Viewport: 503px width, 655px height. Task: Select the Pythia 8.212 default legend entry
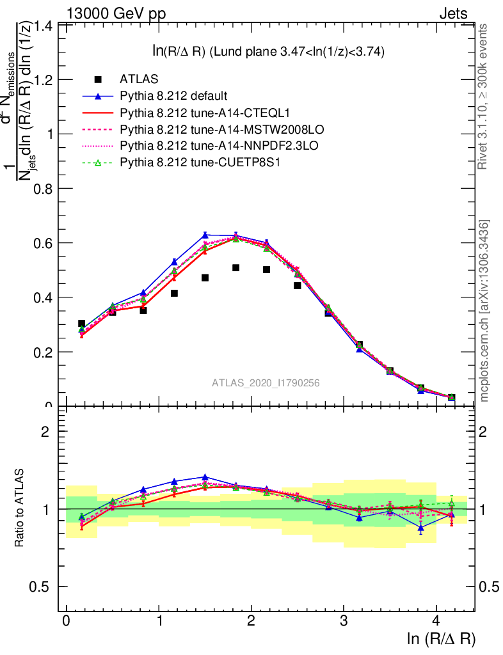[x=173, y=96]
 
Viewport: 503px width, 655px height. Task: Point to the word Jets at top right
[x=453, y=13]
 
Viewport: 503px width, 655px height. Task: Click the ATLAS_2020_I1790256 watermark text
[x=266, y=383]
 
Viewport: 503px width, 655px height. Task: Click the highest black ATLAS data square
[x=236, y=267]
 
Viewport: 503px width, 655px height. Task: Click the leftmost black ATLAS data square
[x=81, y=324]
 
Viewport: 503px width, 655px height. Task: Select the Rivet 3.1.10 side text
[x=484, y=96]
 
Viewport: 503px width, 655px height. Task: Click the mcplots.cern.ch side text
[x=484, y=310]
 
